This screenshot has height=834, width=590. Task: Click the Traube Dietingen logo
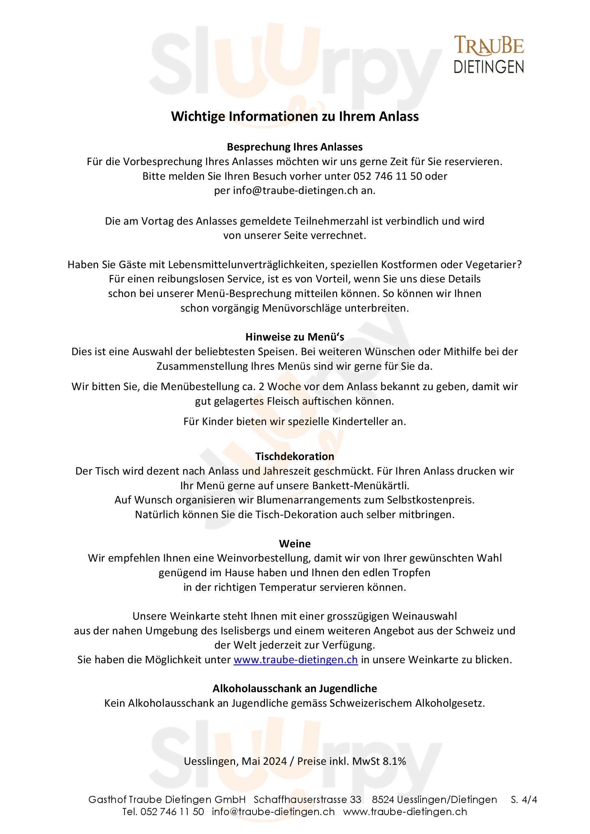tap(489, 55)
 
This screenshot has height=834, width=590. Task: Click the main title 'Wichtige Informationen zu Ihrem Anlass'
tap(295, 116)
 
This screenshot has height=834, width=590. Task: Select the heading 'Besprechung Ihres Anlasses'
tap(295, 147)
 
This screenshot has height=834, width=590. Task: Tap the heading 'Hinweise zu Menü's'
tap(295, 337)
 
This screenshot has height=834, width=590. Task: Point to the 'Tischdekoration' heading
tap(295, 457)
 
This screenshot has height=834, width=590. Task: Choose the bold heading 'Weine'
tap(295, 544)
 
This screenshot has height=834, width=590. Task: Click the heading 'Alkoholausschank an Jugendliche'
tap(295, 689)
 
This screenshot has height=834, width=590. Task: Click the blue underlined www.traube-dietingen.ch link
tap(296, 660)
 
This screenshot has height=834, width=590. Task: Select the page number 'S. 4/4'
tap(524, 799)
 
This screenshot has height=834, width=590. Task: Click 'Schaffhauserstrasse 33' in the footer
tap(307, 799)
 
